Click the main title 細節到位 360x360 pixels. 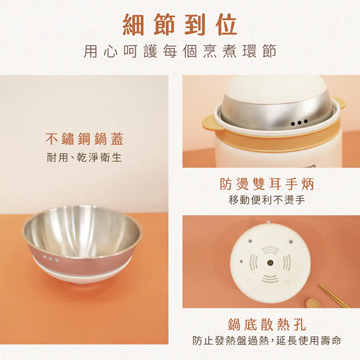click(x=179, y=24)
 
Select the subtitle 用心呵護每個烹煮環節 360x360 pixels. click(x=179, y=52)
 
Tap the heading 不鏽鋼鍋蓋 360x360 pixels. click(x=84, y=139)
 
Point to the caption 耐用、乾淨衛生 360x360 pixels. click(x=84, y=157)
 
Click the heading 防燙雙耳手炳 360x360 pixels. click(x=266, y=184)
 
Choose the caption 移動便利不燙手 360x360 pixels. click(x=266, y=200)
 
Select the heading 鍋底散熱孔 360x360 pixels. click(x=266, y=324)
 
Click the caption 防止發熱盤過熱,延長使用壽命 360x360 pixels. click(x=266, y=340)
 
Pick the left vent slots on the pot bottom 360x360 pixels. click(x=254, y=263)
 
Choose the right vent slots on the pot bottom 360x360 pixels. click(x=286, y=263)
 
